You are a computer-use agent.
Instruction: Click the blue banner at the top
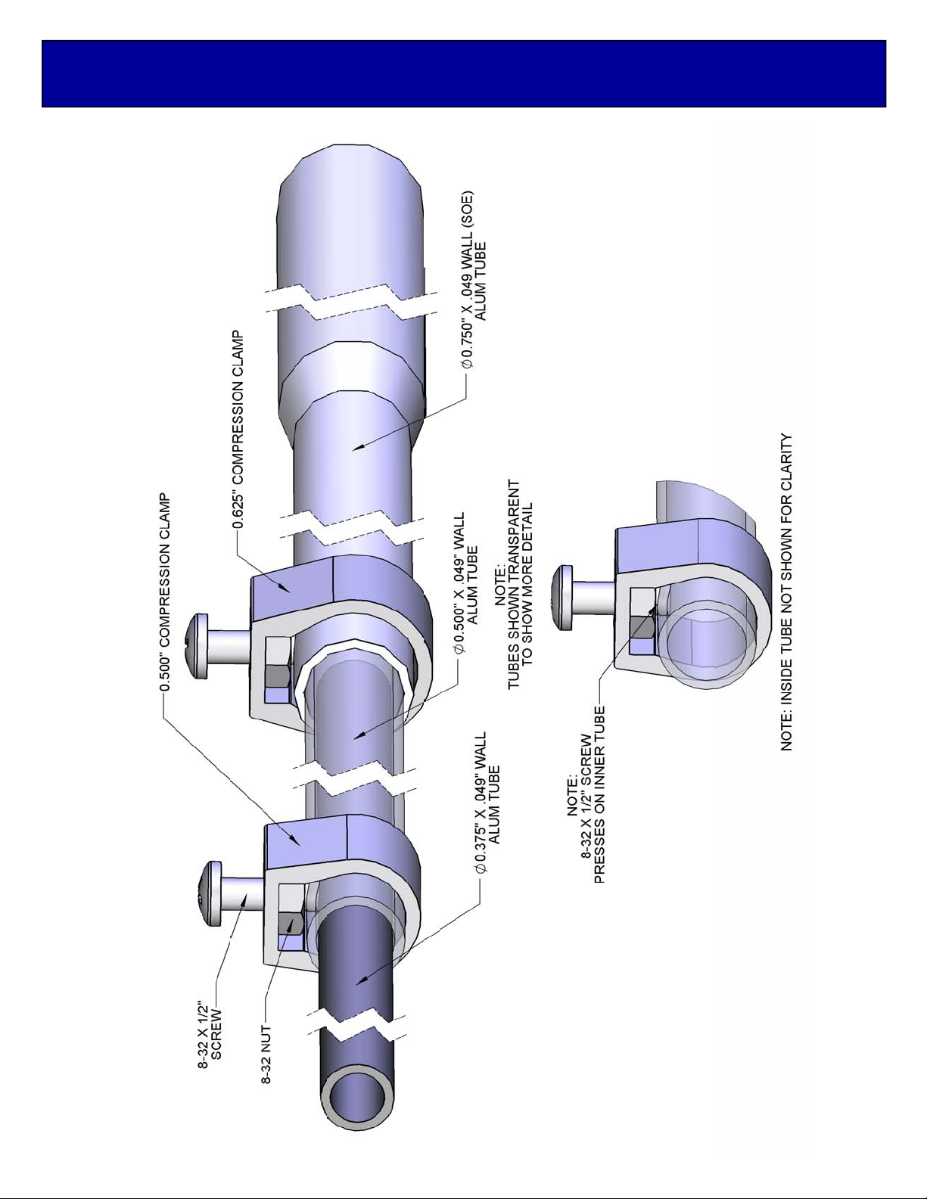click(463, 73)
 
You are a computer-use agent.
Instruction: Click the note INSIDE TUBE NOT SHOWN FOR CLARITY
click(786, 592)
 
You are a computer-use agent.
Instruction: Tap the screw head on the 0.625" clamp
click(197, 645)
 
